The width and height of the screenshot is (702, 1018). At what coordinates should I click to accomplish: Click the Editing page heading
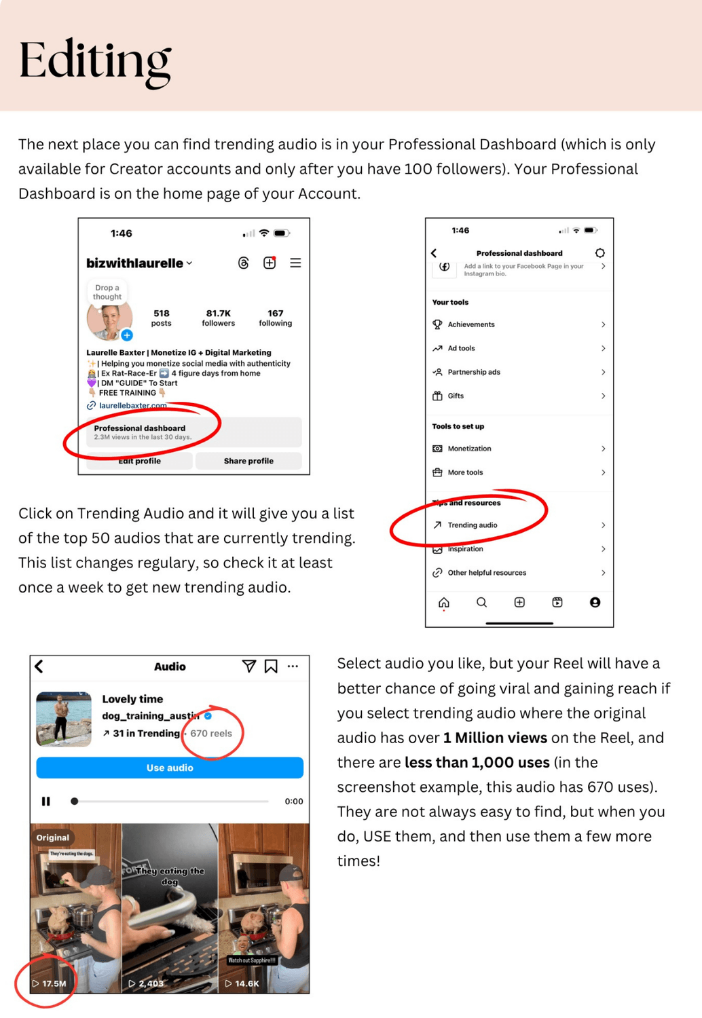click(94, 61)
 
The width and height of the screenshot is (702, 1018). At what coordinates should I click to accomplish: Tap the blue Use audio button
click(170, 768)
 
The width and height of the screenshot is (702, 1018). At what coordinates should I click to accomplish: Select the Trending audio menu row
click(473, 525)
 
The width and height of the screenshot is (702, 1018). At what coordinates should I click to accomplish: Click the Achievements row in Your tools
click(471, 324)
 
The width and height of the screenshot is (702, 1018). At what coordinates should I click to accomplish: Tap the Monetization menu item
click(469, 449)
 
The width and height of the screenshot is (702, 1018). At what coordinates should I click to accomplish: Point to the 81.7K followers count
click(218, 317)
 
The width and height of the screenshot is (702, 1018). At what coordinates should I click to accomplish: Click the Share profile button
click(248, 461)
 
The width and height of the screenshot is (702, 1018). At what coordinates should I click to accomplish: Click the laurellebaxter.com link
click(132, 406)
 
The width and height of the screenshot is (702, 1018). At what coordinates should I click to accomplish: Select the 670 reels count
click(211, 734)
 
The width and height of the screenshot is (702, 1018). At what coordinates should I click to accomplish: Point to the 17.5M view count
click(53, 983)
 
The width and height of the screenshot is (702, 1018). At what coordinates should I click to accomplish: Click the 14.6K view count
click(245, 983)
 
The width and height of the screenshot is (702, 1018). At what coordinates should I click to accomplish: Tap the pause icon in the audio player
click(46, 802)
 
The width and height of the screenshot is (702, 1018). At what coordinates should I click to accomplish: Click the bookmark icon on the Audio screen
click(271, 666)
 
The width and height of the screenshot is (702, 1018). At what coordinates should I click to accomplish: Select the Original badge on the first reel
click(53, 837)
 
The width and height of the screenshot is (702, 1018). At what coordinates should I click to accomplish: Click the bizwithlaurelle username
click(134, 263)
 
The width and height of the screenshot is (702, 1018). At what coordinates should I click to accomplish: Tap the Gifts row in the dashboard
click(456, 396)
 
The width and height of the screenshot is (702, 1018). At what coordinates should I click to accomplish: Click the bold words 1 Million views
click(495, 738)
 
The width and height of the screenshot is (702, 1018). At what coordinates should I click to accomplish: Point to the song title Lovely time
click(132, 699)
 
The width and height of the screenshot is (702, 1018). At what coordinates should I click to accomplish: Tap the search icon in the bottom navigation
click(481, 603)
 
